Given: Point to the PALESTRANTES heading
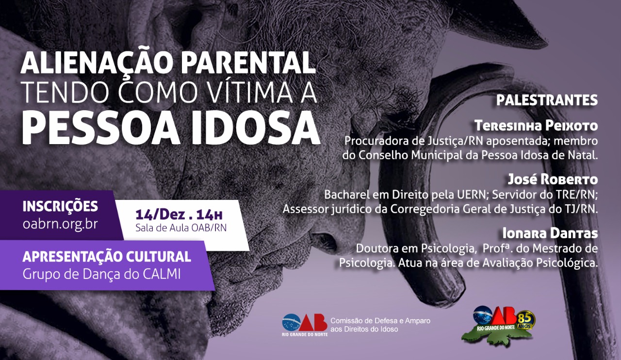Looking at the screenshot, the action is (547, 100).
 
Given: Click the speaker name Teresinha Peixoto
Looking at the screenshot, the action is (536, 126).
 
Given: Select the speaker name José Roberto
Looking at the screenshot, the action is (553, 180).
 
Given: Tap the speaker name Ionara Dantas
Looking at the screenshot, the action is (550, 233).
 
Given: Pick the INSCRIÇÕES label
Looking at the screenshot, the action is (60, 206).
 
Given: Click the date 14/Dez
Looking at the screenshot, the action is (160, 214).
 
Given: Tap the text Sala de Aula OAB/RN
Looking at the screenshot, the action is (181, 228).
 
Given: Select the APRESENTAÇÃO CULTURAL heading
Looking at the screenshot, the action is (107, 256).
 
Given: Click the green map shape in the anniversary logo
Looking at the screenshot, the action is (496, 336).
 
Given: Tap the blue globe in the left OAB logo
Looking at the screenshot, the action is (291, 323).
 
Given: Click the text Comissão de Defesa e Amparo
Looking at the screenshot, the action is (380, 321).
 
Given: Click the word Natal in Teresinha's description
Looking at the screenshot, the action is (583, 155).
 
